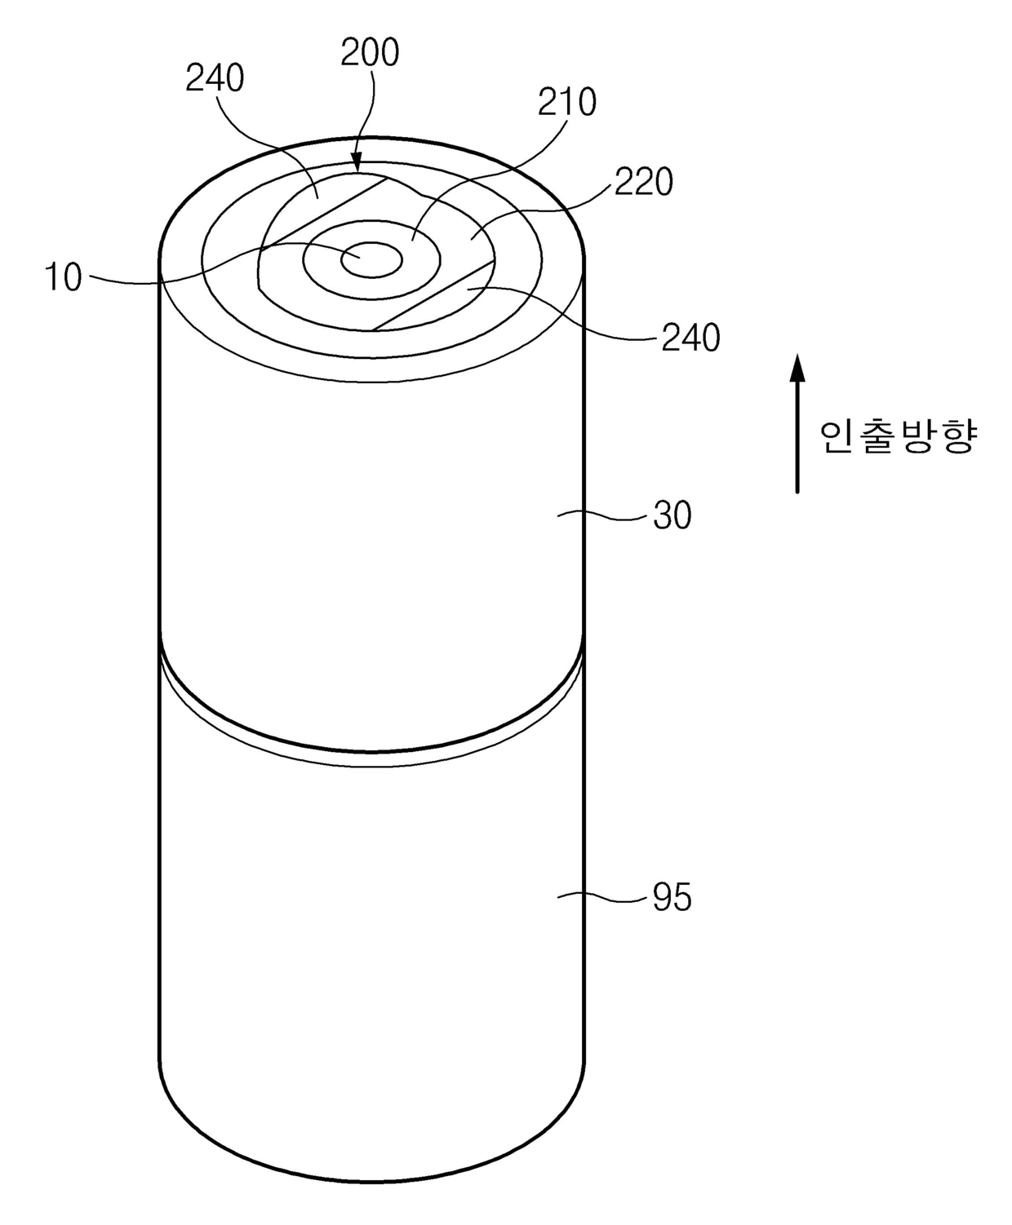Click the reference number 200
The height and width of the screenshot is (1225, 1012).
[370, 52]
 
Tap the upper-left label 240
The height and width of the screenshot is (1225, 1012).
[215, 78]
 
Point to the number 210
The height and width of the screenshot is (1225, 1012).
[567, 102]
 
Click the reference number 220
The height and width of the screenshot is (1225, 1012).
[643, 182]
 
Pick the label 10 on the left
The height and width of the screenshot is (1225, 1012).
[64, 277]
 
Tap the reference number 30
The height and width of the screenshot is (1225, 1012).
[672, 515]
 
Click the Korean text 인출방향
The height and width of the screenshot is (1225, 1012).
[898, 437]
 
